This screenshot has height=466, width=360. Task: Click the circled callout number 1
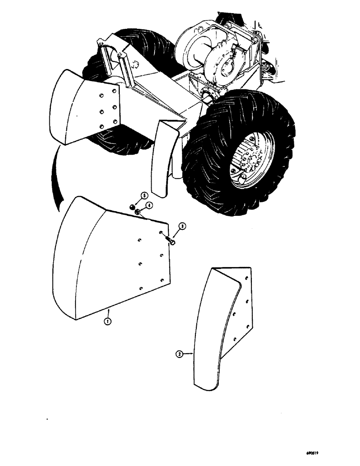[108, 321]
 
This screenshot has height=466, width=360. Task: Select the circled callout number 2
[179, 354]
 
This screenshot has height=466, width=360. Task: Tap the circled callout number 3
[183, 227]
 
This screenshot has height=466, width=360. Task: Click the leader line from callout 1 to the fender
[108, 312]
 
